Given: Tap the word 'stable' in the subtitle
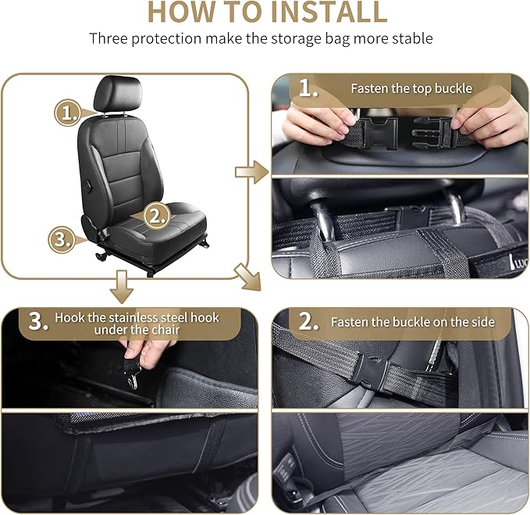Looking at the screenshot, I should coord(414,38).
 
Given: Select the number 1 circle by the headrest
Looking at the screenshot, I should coord(68,113).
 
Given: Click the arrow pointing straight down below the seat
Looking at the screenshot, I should coord(120,285).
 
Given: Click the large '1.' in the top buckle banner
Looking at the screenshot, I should coord(308,89).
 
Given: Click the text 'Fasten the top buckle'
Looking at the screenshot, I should coord(411,89).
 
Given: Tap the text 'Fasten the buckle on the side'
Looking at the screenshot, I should coord(411,322).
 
